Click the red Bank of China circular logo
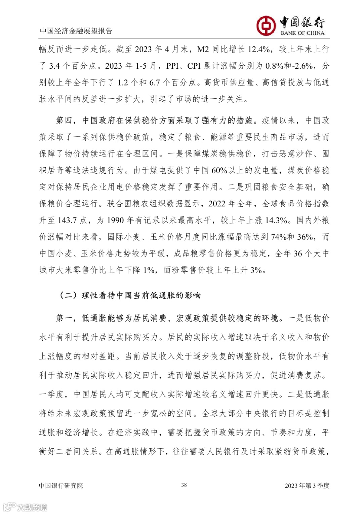coord(266,26)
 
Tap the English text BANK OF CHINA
coord(302,33)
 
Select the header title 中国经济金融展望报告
coord(76,31)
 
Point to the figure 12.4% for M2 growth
coord(259,49)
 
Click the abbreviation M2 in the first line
coord(203,49)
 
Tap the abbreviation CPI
coord(194,66)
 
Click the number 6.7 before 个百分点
coord(154,82)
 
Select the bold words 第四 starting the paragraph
coord(64,120)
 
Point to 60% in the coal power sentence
coord(219,170)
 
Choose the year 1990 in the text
coord(115,220)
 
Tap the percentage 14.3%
coord(276,220)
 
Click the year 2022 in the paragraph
coord(217,204)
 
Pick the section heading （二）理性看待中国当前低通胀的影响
coord(130,295)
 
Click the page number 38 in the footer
coord(184,485)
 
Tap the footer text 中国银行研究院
coord(61,485)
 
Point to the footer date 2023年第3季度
coord(307,485)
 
